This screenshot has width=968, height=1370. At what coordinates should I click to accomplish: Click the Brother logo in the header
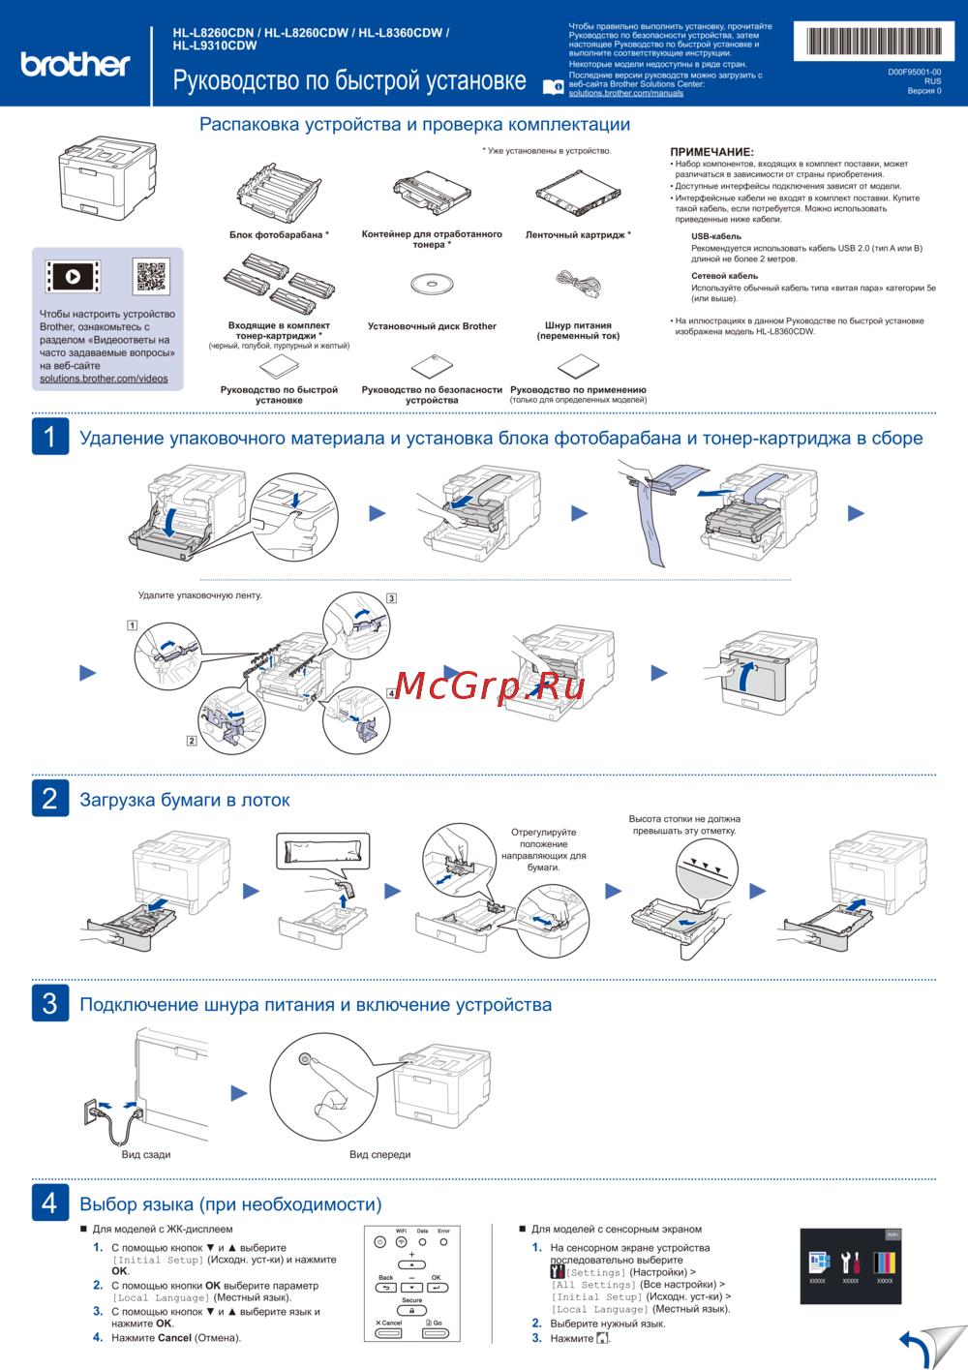75,64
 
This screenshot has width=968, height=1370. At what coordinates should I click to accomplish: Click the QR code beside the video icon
151,276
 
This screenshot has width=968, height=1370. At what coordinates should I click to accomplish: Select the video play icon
73,277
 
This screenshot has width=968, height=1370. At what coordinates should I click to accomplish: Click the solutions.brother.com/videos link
104,379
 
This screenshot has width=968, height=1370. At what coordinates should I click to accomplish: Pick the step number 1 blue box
50,437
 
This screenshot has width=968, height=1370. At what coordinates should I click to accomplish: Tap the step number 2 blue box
50,799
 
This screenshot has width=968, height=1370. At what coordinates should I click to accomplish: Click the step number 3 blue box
50,1003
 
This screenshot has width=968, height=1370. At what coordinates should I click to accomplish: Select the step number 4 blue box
50,1203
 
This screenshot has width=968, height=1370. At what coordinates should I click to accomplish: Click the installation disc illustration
432,285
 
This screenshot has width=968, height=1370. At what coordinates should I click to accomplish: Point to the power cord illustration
579,285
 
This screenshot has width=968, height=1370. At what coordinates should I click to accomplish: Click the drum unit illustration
279,191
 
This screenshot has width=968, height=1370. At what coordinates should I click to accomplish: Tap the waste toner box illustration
432,195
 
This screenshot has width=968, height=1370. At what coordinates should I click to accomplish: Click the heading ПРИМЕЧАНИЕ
711,152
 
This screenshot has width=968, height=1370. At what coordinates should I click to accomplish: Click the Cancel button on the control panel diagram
389,1333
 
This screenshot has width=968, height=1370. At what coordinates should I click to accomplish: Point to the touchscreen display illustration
852,1265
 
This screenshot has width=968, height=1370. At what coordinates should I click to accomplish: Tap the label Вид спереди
380,1154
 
